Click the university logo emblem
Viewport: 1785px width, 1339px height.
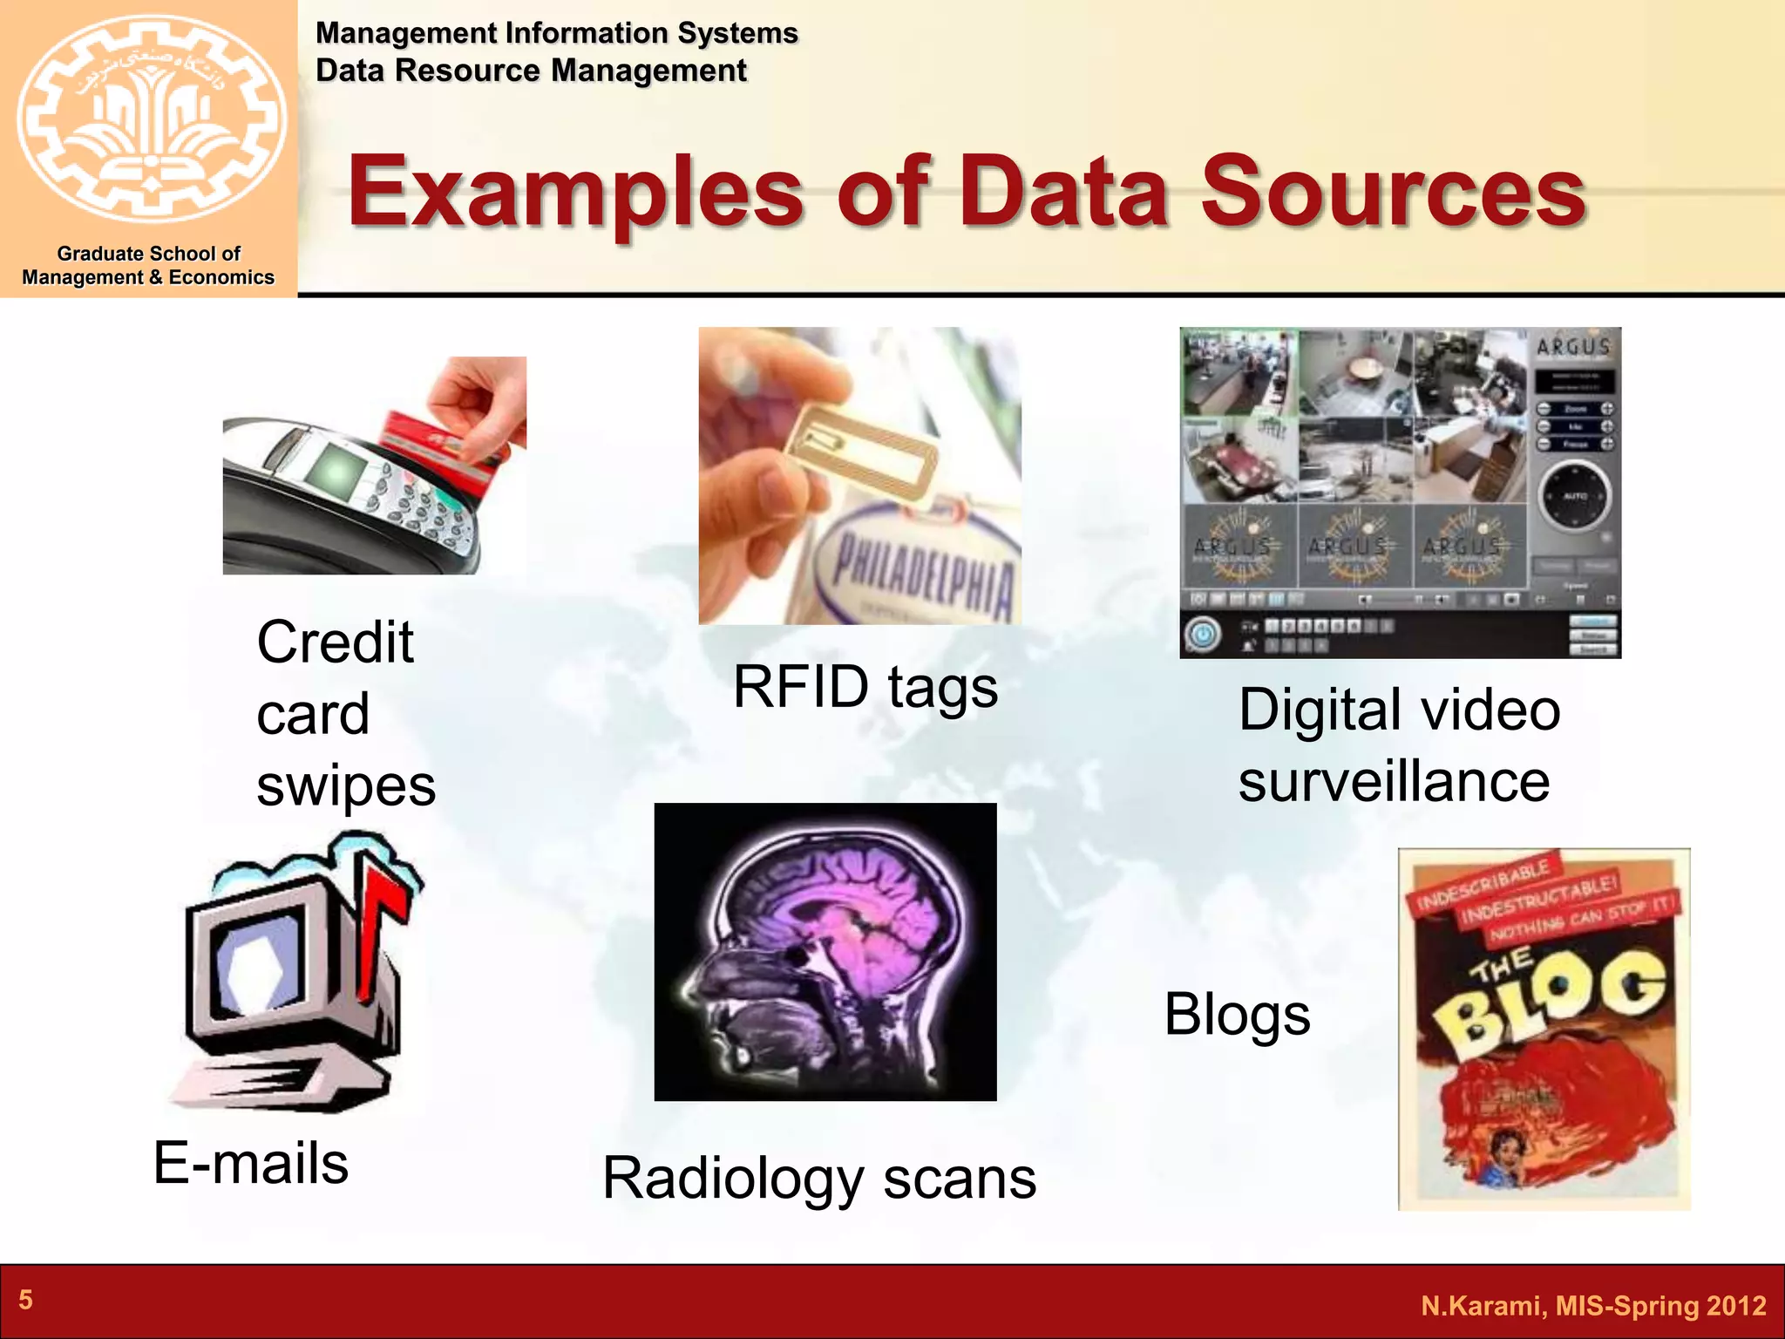150,118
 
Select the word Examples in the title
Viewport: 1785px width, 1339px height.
575,193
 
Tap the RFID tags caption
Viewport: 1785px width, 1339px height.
865,687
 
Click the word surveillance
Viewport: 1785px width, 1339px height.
1394,781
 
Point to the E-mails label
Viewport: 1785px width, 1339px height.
251,1163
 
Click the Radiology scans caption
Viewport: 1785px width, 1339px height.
819,1179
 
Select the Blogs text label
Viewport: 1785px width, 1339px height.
1237,1015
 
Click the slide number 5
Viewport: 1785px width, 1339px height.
26,1300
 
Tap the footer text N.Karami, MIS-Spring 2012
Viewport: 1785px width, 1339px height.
1593,1305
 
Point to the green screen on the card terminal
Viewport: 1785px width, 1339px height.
338,472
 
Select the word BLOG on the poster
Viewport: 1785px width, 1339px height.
1551,998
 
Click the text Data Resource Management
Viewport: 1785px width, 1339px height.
531,71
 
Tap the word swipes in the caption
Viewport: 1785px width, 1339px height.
346,785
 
